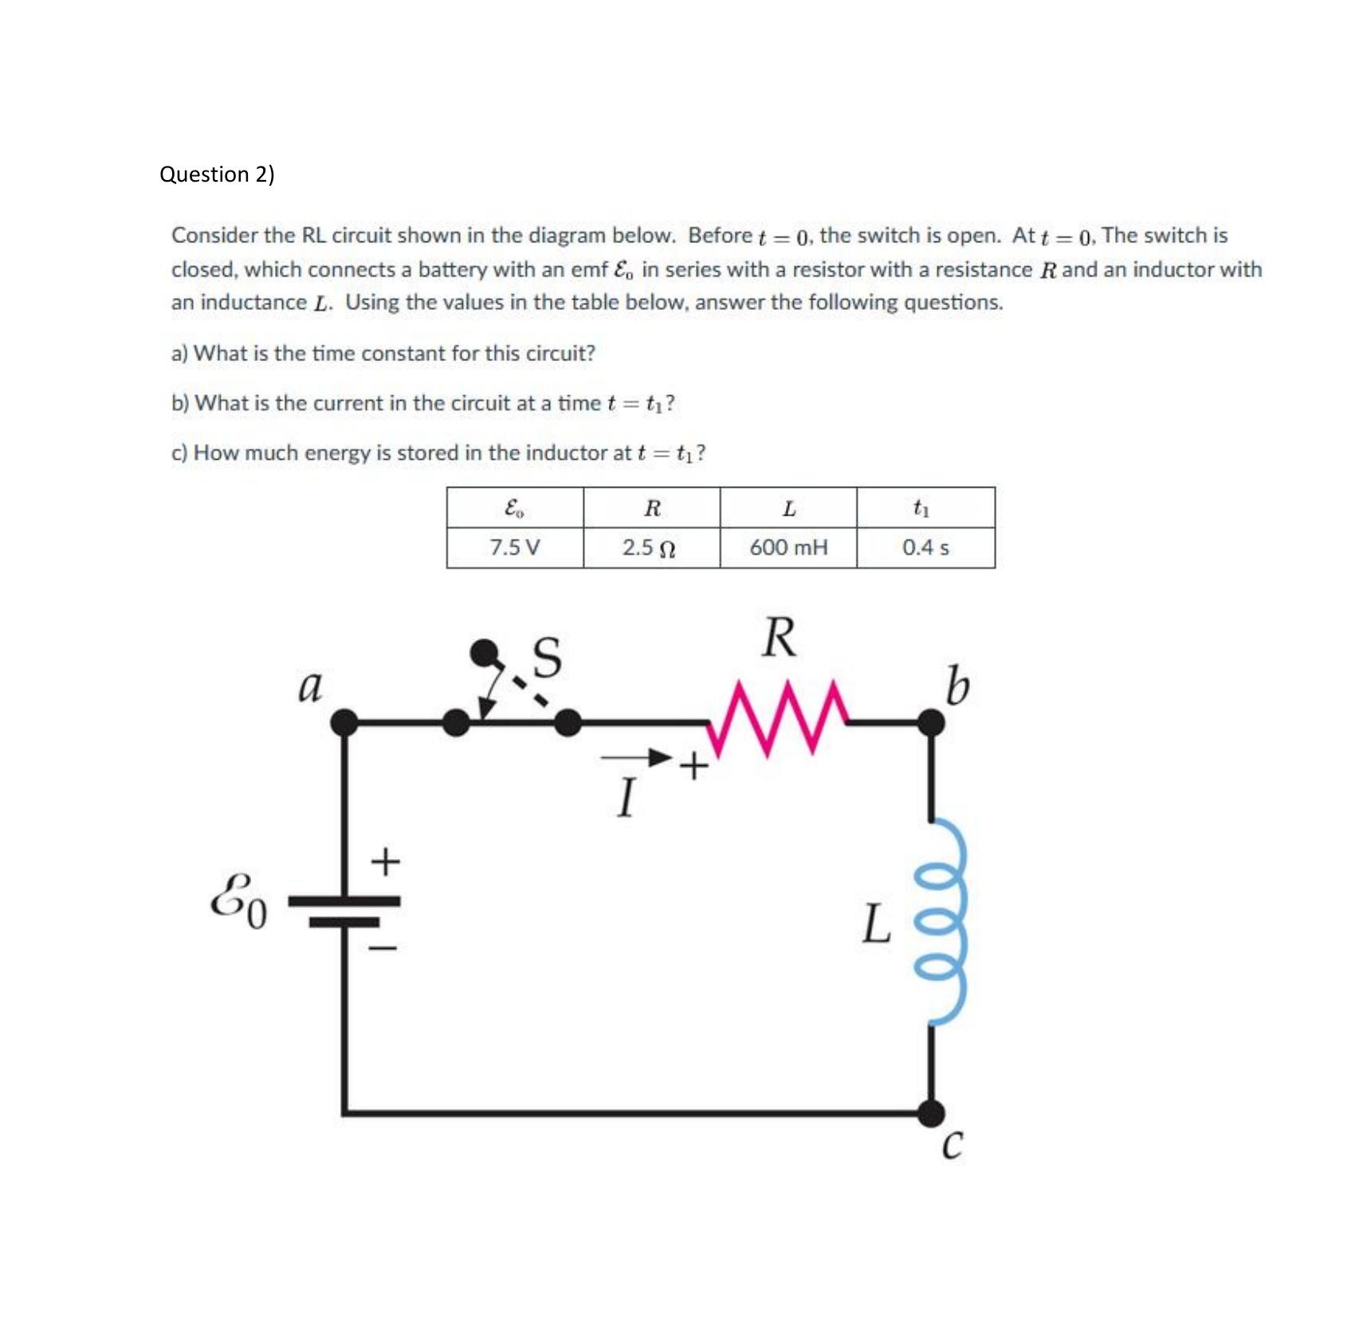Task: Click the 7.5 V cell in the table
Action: [x=514, y=547]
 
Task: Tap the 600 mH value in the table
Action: [x=788, y=547]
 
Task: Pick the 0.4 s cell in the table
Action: [x=925, y=547]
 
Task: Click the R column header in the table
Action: [x=652, y=508]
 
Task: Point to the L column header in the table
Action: [x=789, y=508]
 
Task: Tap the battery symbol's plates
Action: [x=344, y=911]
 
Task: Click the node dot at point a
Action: [x=344, y=723]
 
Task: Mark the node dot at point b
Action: [x=931, y=723]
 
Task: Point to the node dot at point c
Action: [x=931, y=1112]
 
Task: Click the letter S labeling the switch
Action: [x=547, y=657]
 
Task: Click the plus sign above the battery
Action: [x=386, y=861]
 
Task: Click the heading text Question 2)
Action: [x=217, y=174]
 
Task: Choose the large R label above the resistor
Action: [x=779, y=638]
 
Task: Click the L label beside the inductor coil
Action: [x=876, y=924]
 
